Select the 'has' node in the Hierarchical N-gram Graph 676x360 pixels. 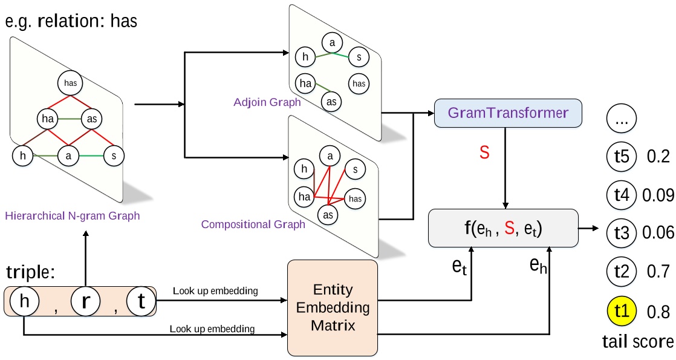pos(70,83)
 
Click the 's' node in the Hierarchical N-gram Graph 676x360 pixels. pos(113,155)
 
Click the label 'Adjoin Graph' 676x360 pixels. pos(267,102)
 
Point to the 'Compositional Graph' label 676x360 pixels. pos(253,224)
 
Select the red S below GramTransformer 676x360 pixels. pos(484,152)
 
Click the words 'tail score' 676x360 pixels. pos(637,342)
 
